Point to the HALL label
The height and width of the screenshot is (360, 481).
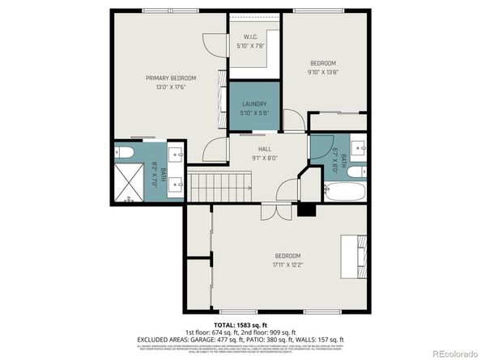tap(264, 149)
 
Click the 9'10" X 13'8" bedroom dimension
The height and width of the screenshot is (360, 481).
tap(323, 72)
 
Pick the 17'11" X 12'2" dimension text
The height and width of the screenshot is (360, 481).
tap(287, 264)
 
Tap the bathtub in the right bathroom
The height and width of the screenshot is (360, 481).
tap(344, 192)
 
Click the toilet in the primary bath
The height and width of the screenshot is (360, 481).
tap(124, 152)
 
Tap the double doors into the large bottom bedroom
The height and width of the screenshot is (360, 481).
tap(275, 210)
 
